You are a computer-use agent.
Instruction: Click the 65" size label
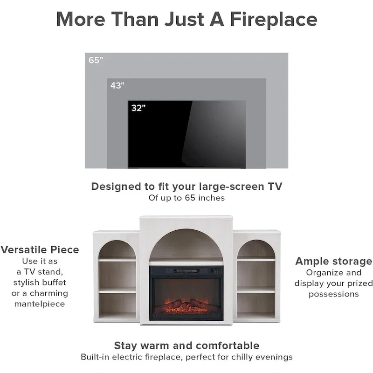[x=96, y=60]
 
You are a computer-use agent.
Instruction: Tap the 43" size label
[x=118, y=86]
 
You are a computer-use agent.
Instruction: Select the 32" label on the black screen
[x=138, y=108]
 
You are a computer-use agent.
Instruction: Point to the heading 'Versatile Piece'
[x=40, y=250]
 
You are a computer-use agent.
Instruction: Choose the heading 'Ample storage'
[x=333, y=261]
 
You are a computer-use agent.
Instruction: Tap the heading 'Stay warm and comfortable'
[x=186, y=345]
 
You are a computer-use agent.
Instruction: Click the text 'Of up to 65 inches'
[x=186, y=198]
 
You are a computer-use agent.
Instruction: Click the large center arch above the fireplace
[x=186, y=243]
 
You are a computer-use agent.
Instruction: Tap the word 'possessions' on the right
[x=333, y=294]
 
